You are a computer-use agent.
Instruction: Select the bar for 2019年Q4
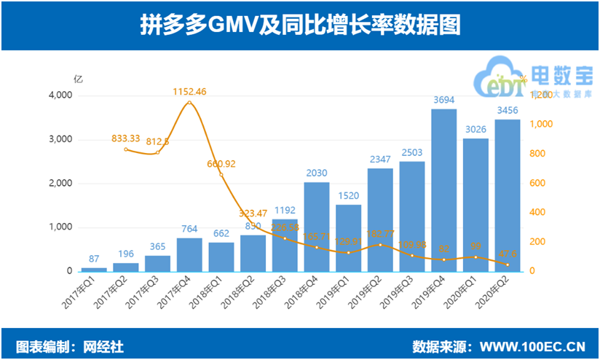click(x=444, y=190)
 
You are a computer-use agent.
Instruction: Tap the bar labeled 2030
click(x=317, y=227)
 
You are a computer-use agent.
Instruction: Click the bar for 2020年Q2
click(x=508, y=195)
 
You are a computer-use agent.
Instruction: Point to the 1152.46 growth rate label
click(x=189, y=92)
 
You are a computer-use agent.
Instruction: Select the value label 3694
click(x=444, y=101)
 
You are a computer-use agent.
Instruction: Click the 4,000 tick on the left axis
click(x=60, y=95)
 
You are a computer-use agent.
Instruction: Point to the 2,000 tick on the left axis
click(x=60, y=184)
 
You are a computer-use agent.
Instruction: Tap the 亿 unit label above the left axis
click(x=78, y=77)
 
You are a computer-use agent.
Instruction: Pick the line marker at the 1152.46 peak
click(x=189, y=103)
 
